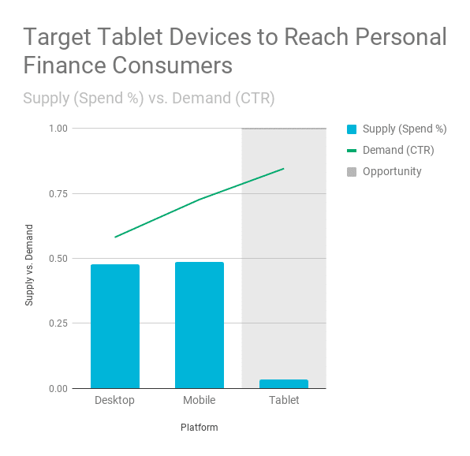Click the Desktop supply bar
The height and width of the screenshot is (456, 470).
coord(115,326)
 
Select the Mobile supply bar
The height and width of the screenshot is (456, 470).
coord(200,325)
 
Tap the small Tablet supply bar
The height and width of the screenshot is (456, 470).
coord(284,383)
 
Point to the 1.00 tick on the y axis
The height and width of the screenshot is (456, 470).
coord(58,129)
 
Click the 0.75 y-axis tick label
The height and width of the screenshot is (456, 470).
coord(58,193)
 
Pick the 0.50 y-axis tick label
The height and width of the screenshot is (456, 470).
coord(58,259)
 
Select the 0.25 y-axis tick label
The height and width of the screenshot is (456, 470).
coord(58,323)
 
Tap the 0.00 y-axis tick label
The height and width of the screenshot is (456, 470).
coord(58,388)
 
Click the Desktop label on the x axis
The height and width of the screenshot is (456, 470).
coord(114,400)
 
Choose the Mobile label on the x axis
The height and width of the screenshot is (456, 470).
coord(200,400)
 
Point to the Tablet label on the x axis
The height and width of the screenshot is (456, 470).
coord(284,400)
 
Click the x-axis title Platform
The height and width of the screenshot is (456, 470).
coord(200,428)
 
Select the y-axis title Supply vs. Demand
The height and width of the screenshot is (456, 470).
coord(28,265)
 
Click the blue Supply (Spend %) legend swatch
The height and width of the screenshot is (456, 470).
coord(352,129)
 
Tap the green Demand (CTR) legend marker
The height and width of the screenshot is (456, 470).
coord(352,151)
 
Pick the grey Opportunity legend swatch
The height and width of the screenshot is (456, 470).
coord(352,172)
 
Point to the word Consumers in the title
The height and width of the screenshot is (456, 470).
coord(173,65)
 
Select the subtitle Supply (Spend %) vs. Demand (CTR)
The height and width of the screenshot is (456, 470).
coord(149,99)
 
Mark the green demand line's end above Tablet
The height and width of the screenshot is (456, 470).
coord(284,169)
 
